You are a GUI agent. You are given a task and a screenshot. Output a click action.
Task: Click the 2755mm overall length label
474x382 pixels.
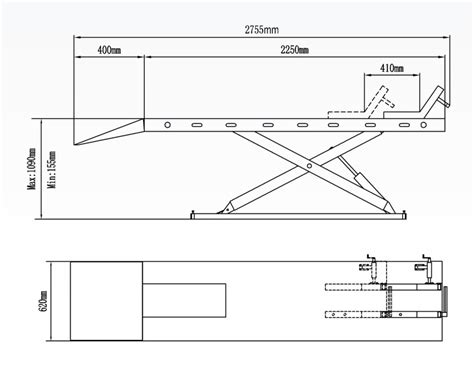click(x=262, y=30)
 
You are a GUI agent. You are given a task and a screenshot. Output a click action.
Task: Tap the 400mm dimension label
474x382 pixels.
click(x=109, y=50)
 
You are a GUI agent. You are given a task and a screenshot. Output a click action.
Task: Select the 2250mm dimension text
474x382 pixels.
click(x=294, y=50)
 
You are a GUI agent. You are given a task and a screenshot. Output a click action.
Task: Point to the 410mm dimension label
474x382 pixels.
click(x=392, y=68)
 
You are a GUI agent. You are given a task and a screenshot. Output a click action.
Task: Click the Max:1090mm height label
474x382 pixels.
click(x=32, y=168)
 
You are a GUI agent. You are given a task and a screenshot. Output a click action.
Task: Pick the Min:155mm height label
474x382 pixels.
click(x=52, y=169)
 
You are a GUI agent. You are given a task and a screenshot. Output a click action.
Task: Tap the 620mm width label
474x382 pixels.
click(x=43, y=301)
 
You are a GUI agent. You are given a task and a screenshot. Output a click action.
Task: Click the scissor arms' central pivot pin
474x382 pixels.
click(x=309, y=166)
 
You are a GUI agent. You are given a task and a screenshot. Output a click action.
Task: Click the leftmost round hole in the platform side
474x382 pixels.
click(x=168, y=125)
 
